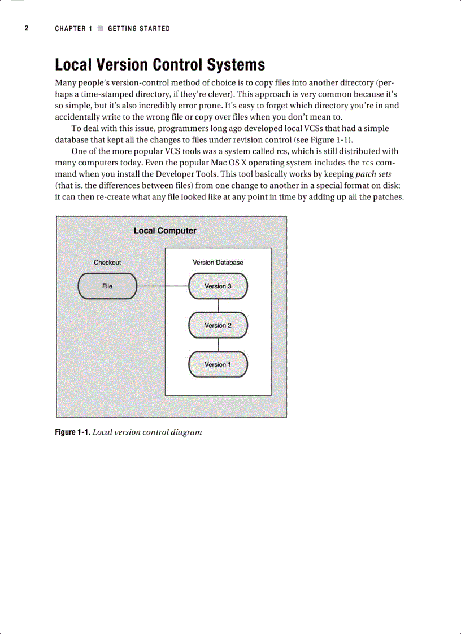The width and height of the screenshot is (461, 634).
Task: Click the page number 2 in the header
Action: click(x=26, y=28)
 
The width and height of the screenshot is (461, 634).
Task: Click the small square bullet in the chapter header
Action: click(x=100, y=28)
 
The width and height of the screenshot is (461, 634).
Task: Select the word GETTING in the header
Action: click(x=123, y=28)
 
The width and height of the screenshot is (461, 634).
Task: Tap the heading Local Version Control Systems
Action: click(x=160, y=64)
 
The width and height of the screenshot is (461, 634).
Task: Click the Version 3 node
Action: click(x=218, y=286)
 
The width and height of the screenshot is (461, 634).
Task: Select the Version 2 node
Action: click(x=218, y=326)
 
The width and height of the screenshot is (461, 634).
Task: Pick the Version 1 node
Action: click(x=218, y=365)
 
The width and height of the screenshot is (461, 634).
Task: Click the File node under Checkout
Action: click(x=107, y=286)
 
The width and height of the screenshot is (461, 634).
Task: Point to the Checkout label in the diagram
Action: click(x=107, y=263)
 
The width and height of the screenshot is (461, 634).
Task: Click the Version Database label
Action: click(x=218, y=263)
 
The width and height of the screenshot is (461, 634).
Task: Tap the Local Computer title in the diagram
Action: click(x=165, y=231)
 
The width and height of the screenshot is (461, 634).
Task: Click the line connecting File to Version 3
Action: click(x=163, y=286)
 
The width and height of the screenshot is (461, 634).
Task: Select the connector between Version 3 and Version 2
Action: click(x=218, y=305)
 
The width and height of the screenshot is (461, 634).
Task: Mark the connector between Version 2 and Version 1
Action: click(x=218, y=345)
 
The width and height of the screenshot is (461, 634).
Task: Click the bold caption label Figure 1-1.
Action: click(x=72, y=432)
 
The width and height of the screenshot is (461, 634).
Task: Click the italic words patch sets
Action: click(x=373, y=174)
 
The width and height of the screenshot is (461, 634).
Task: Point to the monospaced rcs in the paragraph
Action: click(x=367, y=163)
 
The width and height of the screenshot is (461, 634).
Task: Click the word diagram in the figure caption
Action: click(x=183, y=432)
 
